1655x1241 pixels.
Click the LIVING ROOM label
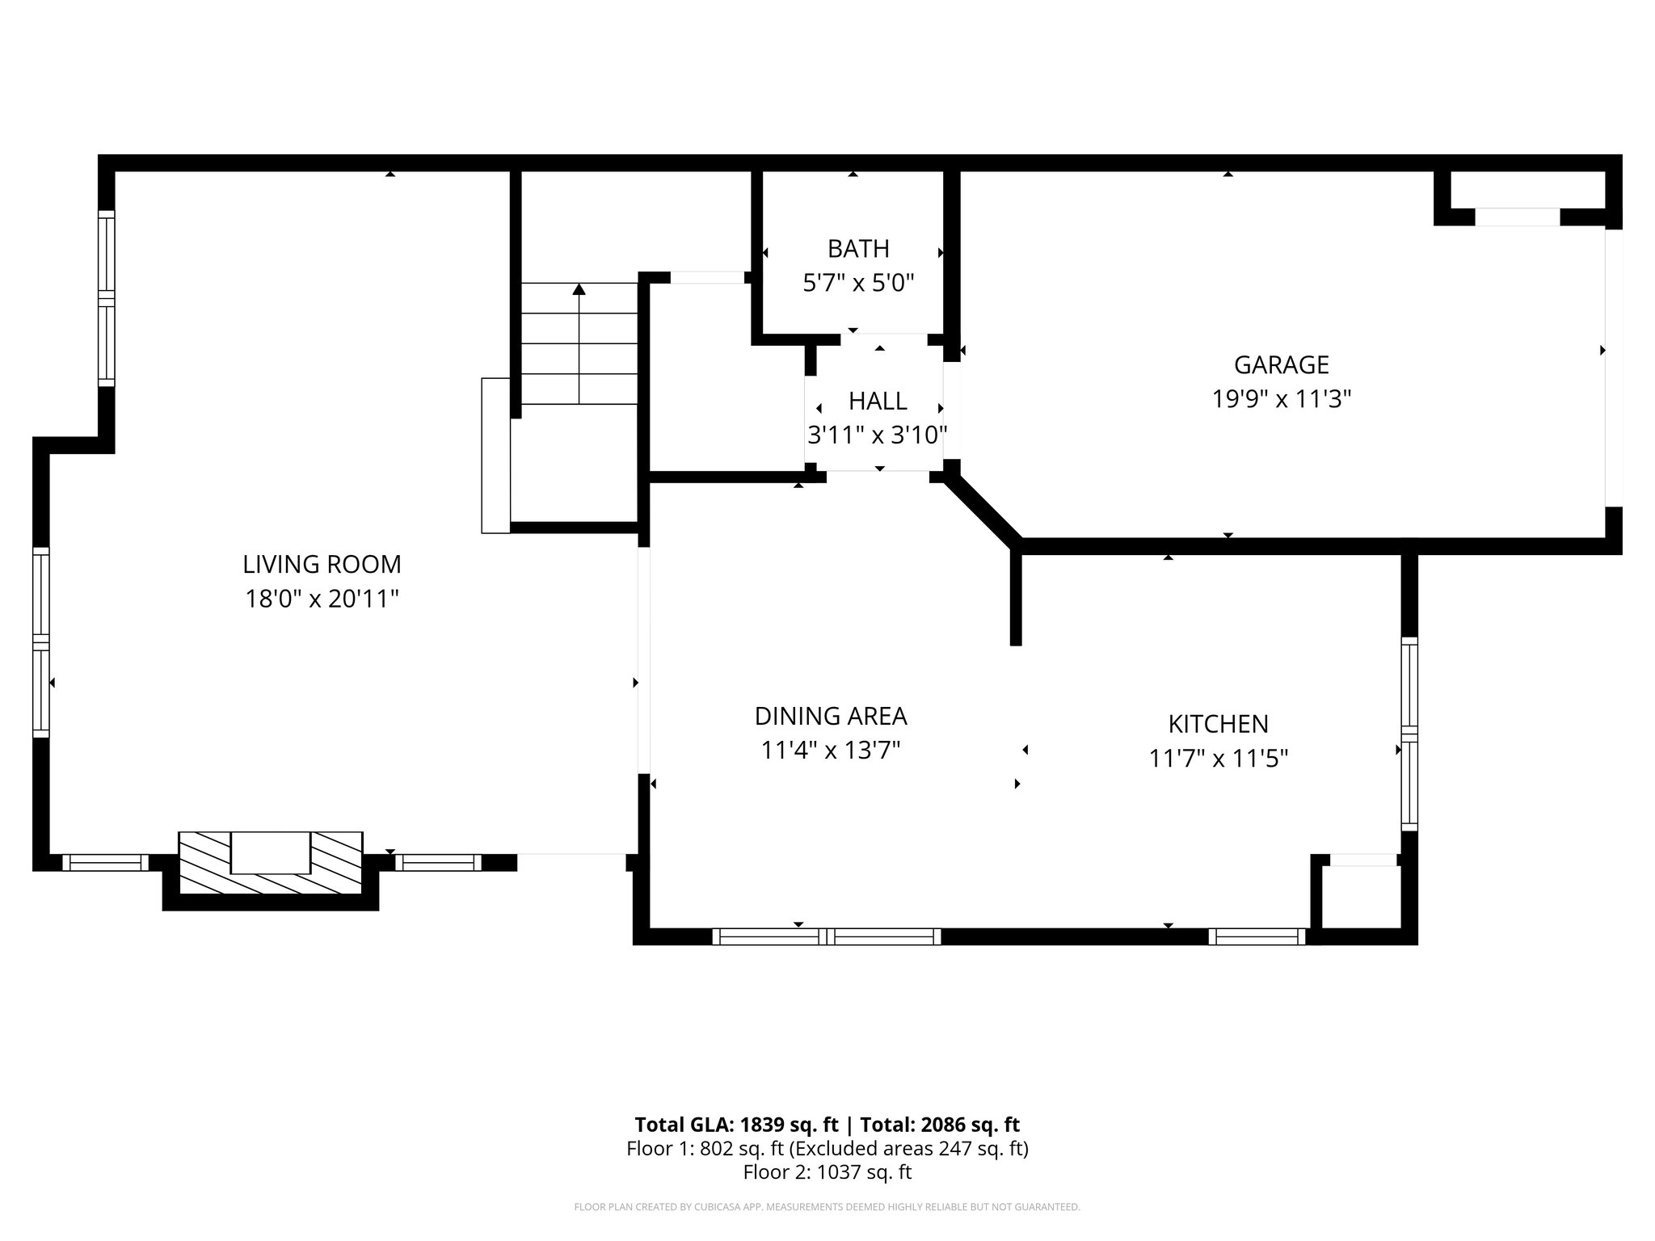322,564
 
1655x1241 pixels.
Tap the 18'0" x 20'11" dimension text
322,599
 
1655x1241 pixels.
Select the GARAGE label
1281,365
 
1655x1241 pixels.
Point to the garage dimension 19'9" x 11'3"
1282,399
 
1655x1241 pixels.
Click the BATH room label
858,248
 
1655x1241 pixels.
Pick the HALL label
878,401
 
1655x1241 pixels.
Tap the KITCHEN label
1218,723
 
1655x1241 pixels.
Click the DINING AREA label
831,716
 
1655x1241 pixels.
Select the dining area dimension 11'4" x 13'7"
831,751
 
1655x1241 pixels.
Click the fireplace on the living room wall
270,863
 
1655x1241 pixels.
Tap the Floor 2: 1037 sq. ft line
827,1172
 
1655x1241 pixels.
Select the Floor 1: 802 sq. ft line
827,1148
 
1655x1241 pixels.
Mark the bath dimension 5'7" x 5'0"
858,283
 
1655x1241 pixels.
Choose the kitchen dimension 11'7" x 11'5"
1218,759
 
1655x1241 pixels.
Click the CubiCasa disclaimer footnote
827,1207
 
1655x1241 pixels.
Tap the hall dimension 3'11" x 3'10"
878,435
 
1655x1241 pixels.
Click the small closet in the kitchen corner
1361,897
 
